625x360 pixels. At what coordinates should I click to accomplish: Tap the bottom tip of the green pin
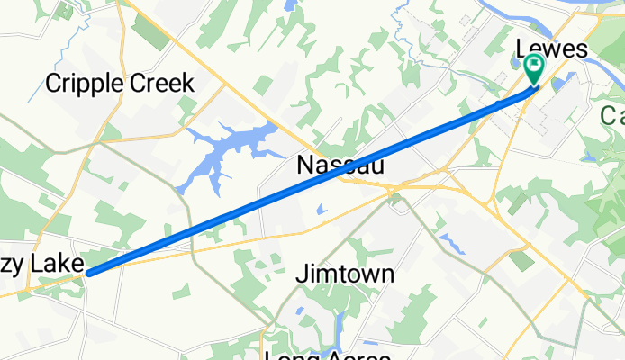pos(534,85)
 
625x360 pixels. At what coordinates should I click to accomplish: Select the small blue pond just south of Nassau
pos(322,211)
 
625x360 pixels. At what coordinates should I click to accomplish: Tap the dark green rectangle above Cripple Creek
pos(149,31)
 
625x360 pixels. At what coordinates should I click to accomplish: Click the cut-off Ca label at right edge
pos(612,114)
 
